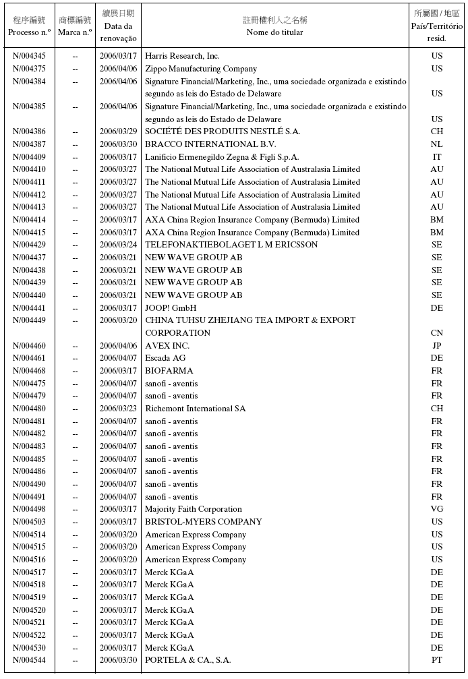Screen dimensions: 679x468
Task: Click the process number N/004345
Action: coord(30,56)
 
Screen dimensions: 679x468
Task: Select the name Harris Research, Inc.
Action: coord(182,56)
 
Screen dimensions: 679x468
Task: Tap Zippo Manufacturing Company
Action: coord(201,69)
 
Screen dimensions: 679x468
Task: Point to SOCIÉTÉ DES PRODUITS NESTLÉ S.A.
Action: coord(223,131)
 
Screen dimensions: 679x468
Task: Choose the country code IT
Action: coord(437,156)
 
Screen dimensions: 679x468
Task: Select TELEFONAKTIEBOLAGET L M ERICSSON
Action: coord(231,245)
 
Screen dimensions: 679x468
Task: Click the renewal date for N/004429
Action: coord(118,245)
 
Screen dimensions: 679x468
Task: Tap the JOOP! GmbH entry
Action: coord(171,307)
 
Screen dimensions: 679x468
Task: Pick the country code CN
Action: coord(437,333)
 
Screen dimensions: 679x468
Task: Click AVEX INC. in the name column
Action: coord(167,346)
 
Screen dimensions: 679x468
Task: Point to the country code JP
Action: coord(437,346)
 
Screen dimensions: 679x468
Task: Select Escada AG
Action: coord(165,358)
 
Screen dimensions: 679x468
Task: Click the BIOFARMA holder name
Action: coord(169,371)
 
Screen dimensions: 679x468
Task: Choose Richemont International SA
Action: coord(196,409)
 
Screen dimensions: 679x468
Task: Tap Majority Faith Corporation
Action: coord(194,509)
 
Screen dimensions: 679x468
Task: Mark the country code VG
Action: coord(437,509)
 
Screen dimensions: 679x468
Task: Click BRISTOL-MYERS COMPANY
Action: coord(204,522)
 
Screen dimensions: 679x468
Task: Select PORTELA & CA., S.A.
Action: coord(188,660)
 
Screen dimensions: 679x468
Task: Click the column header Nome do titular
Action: coord(274,32)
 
